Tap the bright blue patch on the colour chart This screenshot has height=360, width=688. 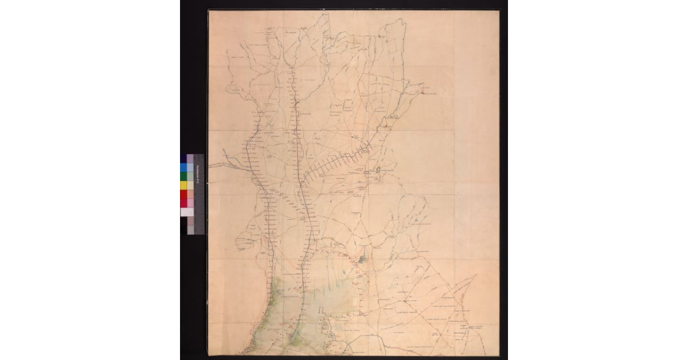183,167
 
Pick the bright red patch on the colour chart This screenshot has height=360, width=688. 183,194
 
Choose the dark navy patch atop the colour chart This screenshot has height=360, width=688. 183,158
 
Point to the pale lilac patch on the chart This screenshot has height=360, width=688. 190,158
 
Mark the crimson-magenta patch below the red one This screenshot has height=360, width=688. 183,203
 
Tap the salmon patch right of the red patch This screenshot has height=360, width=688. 190,194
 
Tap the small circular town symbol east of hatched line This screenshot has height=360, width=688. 380,171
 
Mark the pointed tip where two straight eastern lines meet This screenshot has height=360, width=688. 476,275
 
